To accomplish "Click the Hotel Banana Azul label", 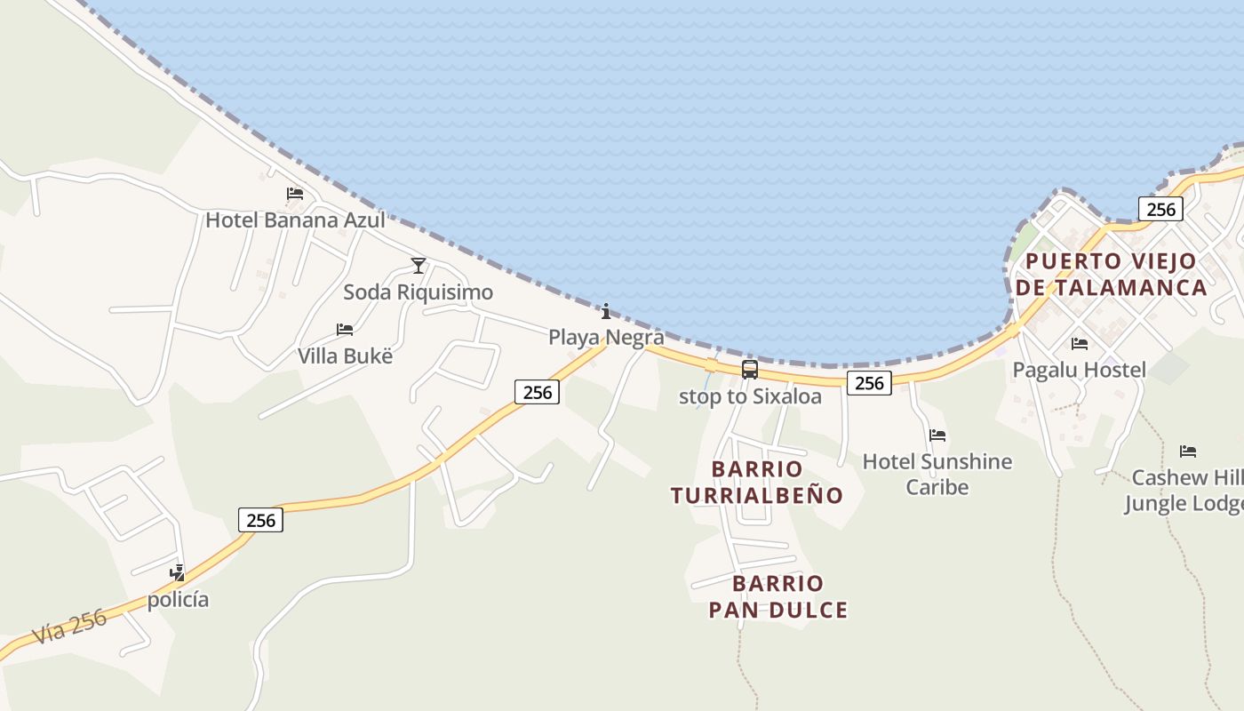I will [x=295, y=220].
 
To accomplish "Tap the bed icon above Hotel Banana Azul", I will [x=295, y=194].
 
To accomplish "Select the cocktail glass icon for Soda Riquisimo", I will [x=419, y=266].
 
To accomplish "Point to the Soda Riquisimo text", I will [x=418, y=292].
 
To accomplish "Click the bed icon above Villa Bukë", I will [x=345, y=330].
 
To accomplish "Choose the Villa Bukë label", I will [x=345, y=356].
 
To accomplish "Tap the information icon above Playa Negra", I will [x=606, y=311].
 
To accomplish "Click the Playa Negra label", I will [x=606, y=338].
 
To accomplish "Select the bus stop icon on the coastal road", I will [x=750, y=370].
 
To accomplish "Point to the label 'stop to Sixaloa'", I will [x=750, y=396].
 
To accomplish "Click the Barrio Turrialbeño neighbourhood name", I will [x=757, y=482].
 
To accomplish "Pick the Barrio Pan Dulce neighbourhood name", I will [x=778, y=596].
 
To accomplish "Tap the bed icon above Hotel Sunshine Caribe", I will [x=937, y=435].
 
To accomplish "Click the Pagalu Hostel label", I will [x=1080, y=370].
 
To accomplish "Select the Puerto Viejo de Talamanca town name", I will [x=1112, y=275].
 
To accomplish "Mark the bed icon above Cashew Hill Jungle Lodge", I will [x=1188, y=451].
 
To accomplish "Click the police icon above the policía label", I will [x=178, y=573].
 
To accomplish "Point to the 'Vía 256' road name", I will [x=69, y=626].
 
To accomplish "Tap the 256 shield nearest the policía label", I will [x=260, y=520].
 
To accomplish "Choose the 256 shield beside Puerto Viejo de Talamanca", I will [x=1160, y=210].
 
